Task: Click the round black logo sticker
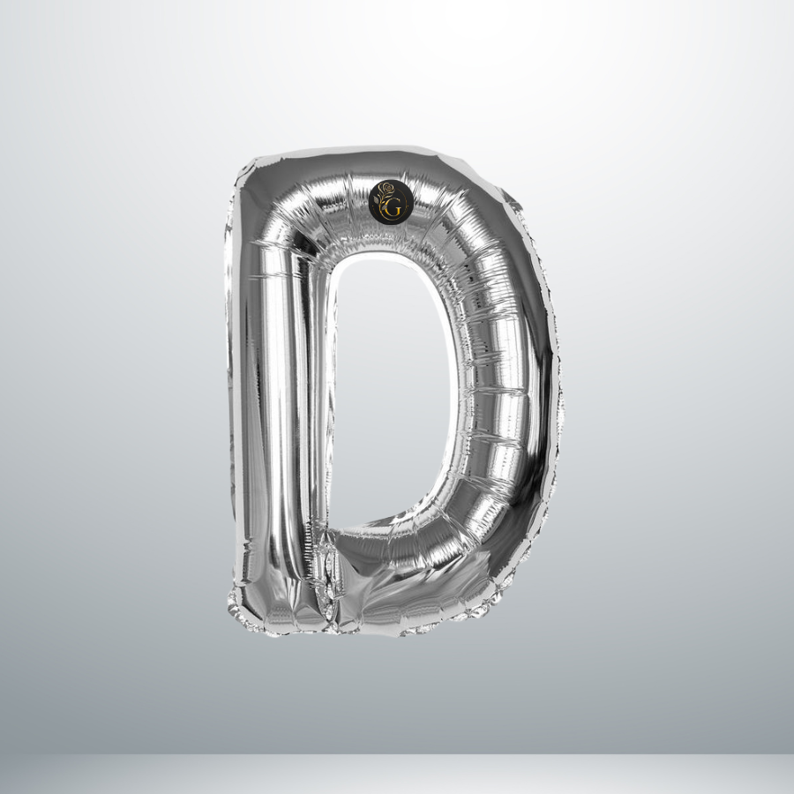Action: tap(388, 201)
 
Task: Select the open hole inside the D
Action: tap(391, 390)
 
